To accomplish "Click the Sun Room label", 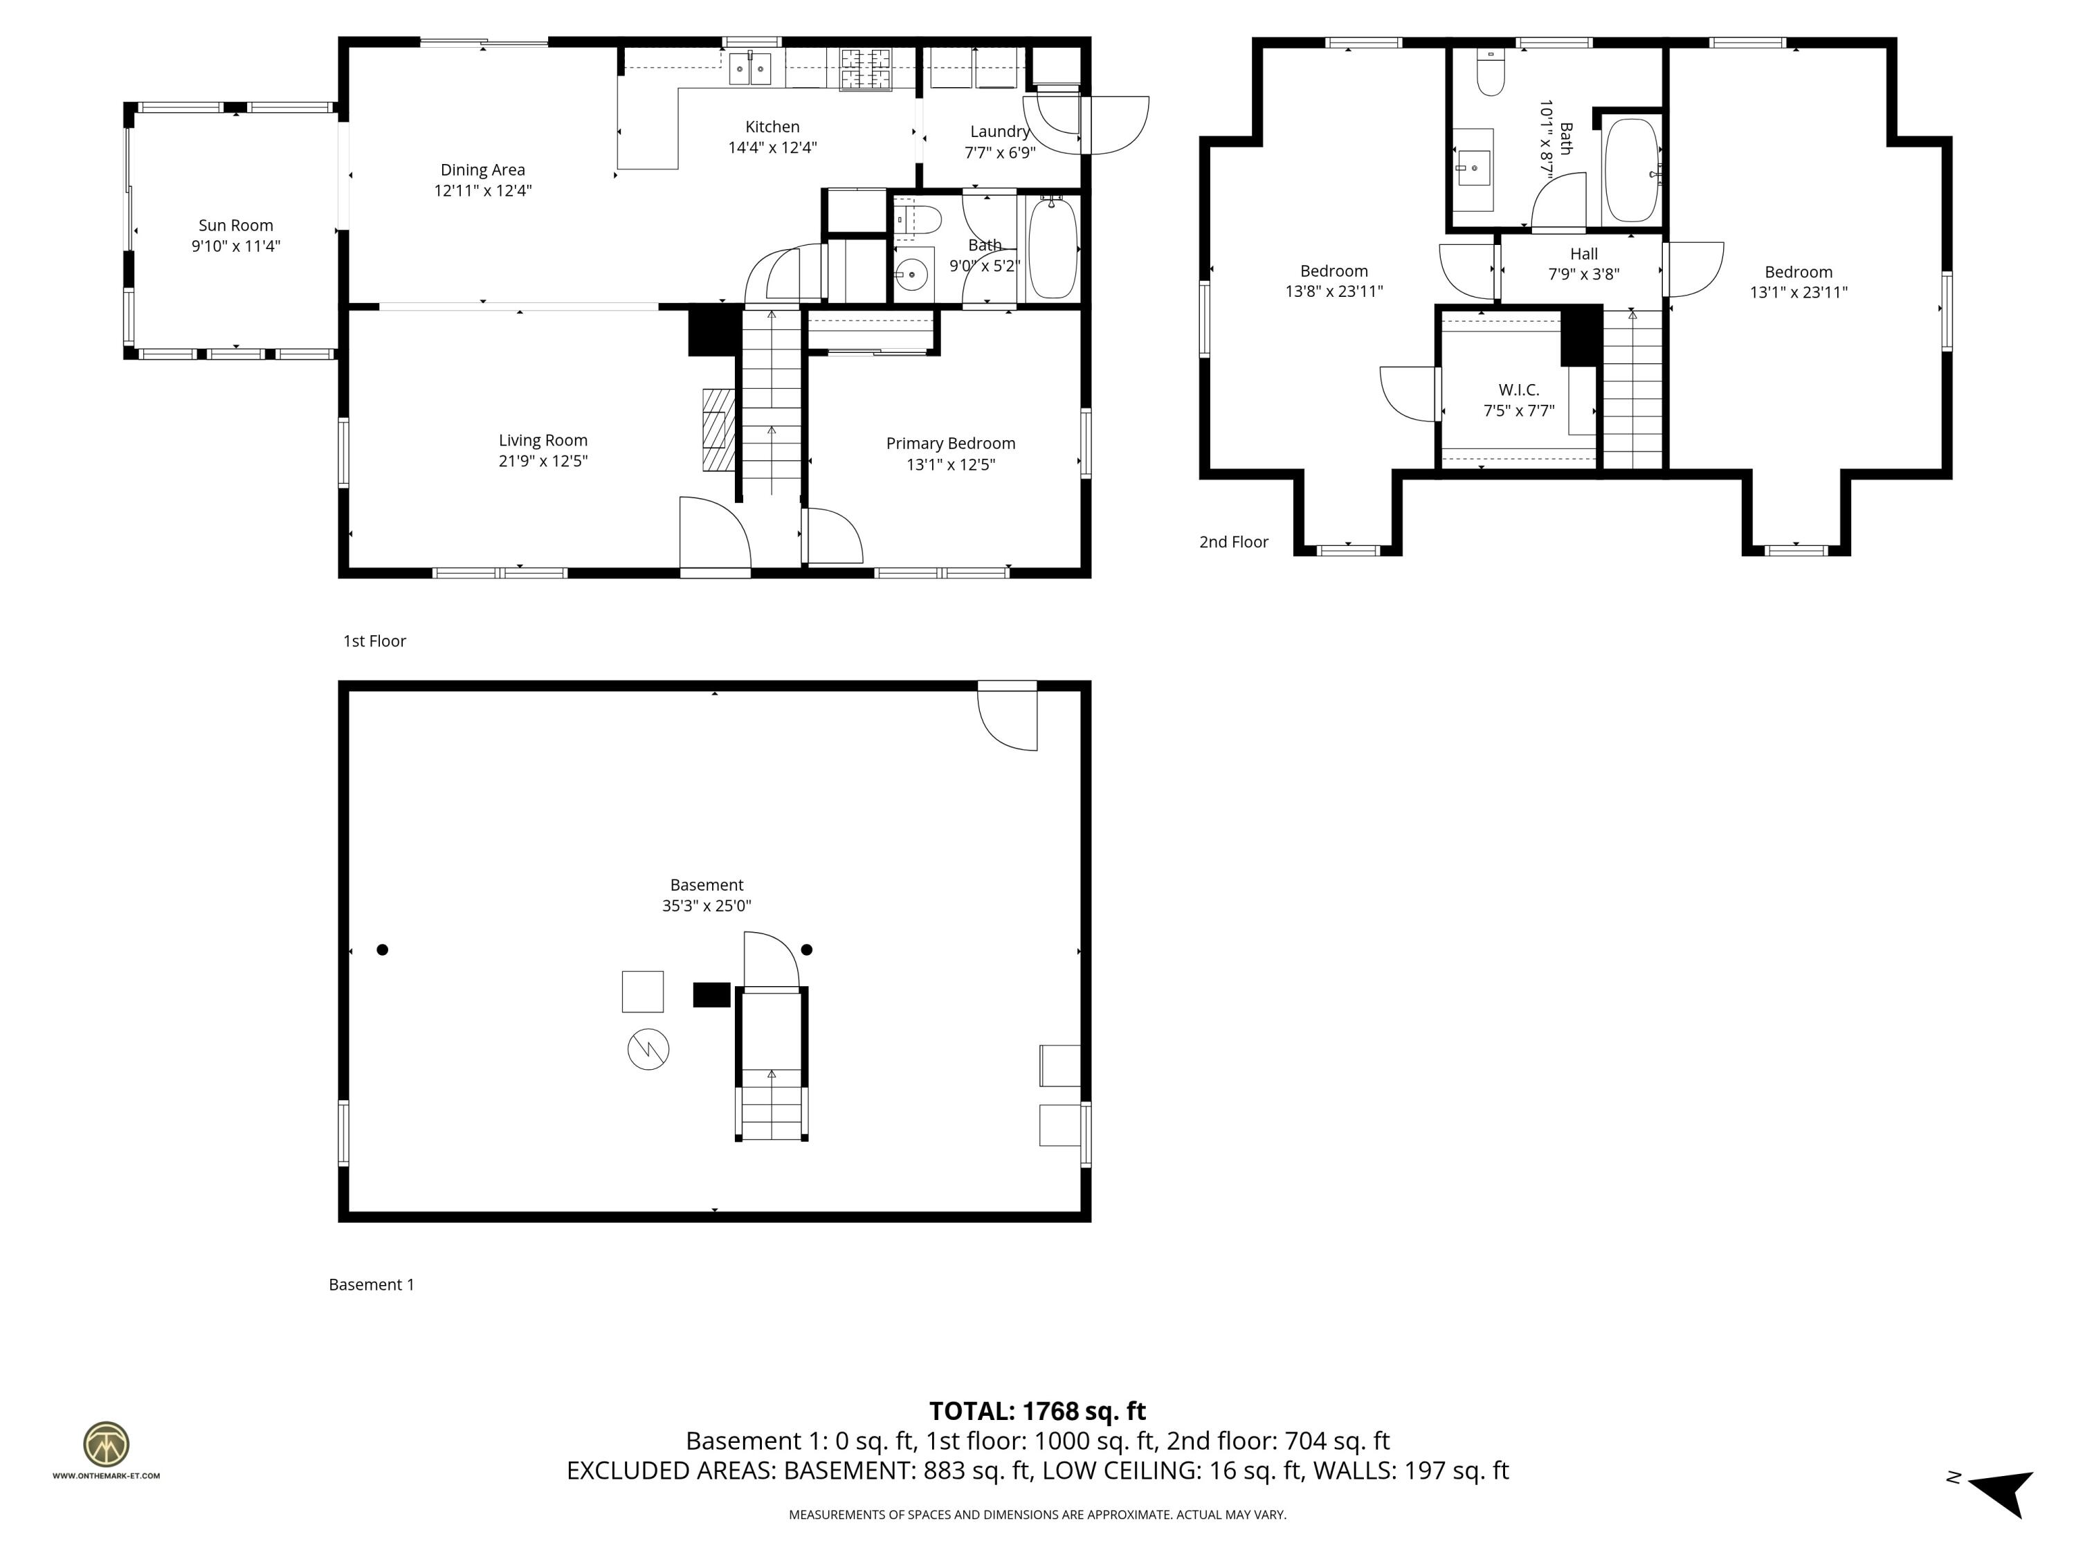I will [235, 225].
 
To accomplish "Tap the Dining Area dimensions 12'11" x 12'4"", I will [482, 190].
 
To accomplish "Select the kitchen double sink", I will [750, 69].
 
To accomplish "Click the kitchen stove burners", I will [864, 69].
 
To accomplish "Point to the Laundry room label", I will [999, 132].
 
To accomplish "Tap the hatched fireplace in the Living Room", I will [719, 430].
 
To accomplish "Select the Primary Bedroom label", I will [950, 443].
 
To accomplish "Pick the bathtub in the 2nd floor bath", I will [1631, 170].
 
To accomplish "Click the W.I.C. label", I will [1518, 390].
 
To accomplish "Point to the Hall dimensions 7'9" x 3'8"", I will [1583, 274].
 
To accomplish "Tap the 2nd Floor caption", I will [1233, 542].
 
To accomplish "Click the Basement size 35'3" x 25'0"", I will [706, 906].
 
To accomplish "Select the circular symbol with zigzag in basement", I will [648, 1049].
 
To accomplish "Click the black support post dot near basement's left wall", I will [382, 950].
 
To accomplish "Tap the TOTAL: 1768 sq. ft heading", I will [1037, 1410].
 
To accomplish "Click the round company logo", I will [106, 1444].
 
